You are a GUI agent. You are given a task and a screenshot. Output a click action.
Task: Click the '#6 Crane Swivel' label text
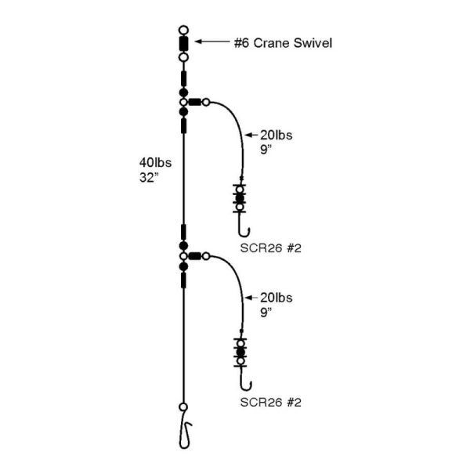(x=283, y=43)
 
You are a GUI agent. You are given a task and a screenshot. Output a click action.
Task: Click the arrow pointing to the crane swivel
(x=212, y=42)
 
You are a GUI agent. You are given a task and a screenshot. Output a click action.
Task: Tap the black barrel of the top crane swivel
(x=183, y=44)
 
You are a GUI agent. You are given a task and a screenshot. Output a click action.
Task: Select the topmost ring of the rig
(x=183, y=30)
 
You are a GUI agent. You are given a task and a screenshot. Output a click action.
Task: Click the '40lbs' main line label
(x=155, y=162)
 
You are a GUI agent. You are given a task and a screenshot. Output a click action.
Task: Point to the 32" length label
(x=148, y=178)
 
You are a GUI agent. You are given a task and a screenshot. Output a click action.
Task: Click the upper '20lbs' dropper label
(x=276, y=136)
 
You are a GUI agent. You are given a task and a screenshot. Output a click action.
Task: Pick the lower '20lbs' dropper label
(x=276, y=298)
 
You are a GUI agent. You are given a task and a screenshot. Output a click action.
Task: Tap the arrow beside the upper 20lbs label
(x=251, y=135)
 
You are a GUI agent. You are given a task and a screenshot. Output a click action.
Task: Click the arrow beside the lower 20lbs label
(x=251, y=298)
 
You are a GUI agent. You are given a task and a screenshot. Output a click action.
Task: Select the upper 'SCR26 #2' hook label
(x=270, y=248)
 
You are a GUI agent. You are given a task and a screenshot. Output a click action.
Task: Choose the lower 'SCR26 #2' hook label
(x=270, y=403)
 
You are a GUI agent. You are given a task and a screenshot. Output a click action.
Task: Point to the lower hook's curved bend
(x=245, y=386)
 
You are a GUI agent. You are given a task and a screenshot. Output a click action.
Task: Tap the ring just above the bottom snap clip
(x=183, y=407)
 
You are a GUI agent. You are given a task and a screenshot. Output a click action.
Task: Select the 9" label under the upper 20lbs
(x=266, y=150)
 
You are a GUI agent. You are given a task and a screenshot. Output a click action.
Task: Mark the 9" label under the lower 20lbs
(x=266, y=312)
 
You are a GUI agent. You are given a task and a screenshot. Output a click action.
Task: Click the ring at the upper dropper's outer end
(x=205, y=102)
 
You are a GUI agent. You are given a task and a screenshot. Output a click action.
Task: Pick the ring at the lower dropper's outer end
(x=205, y=256)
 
